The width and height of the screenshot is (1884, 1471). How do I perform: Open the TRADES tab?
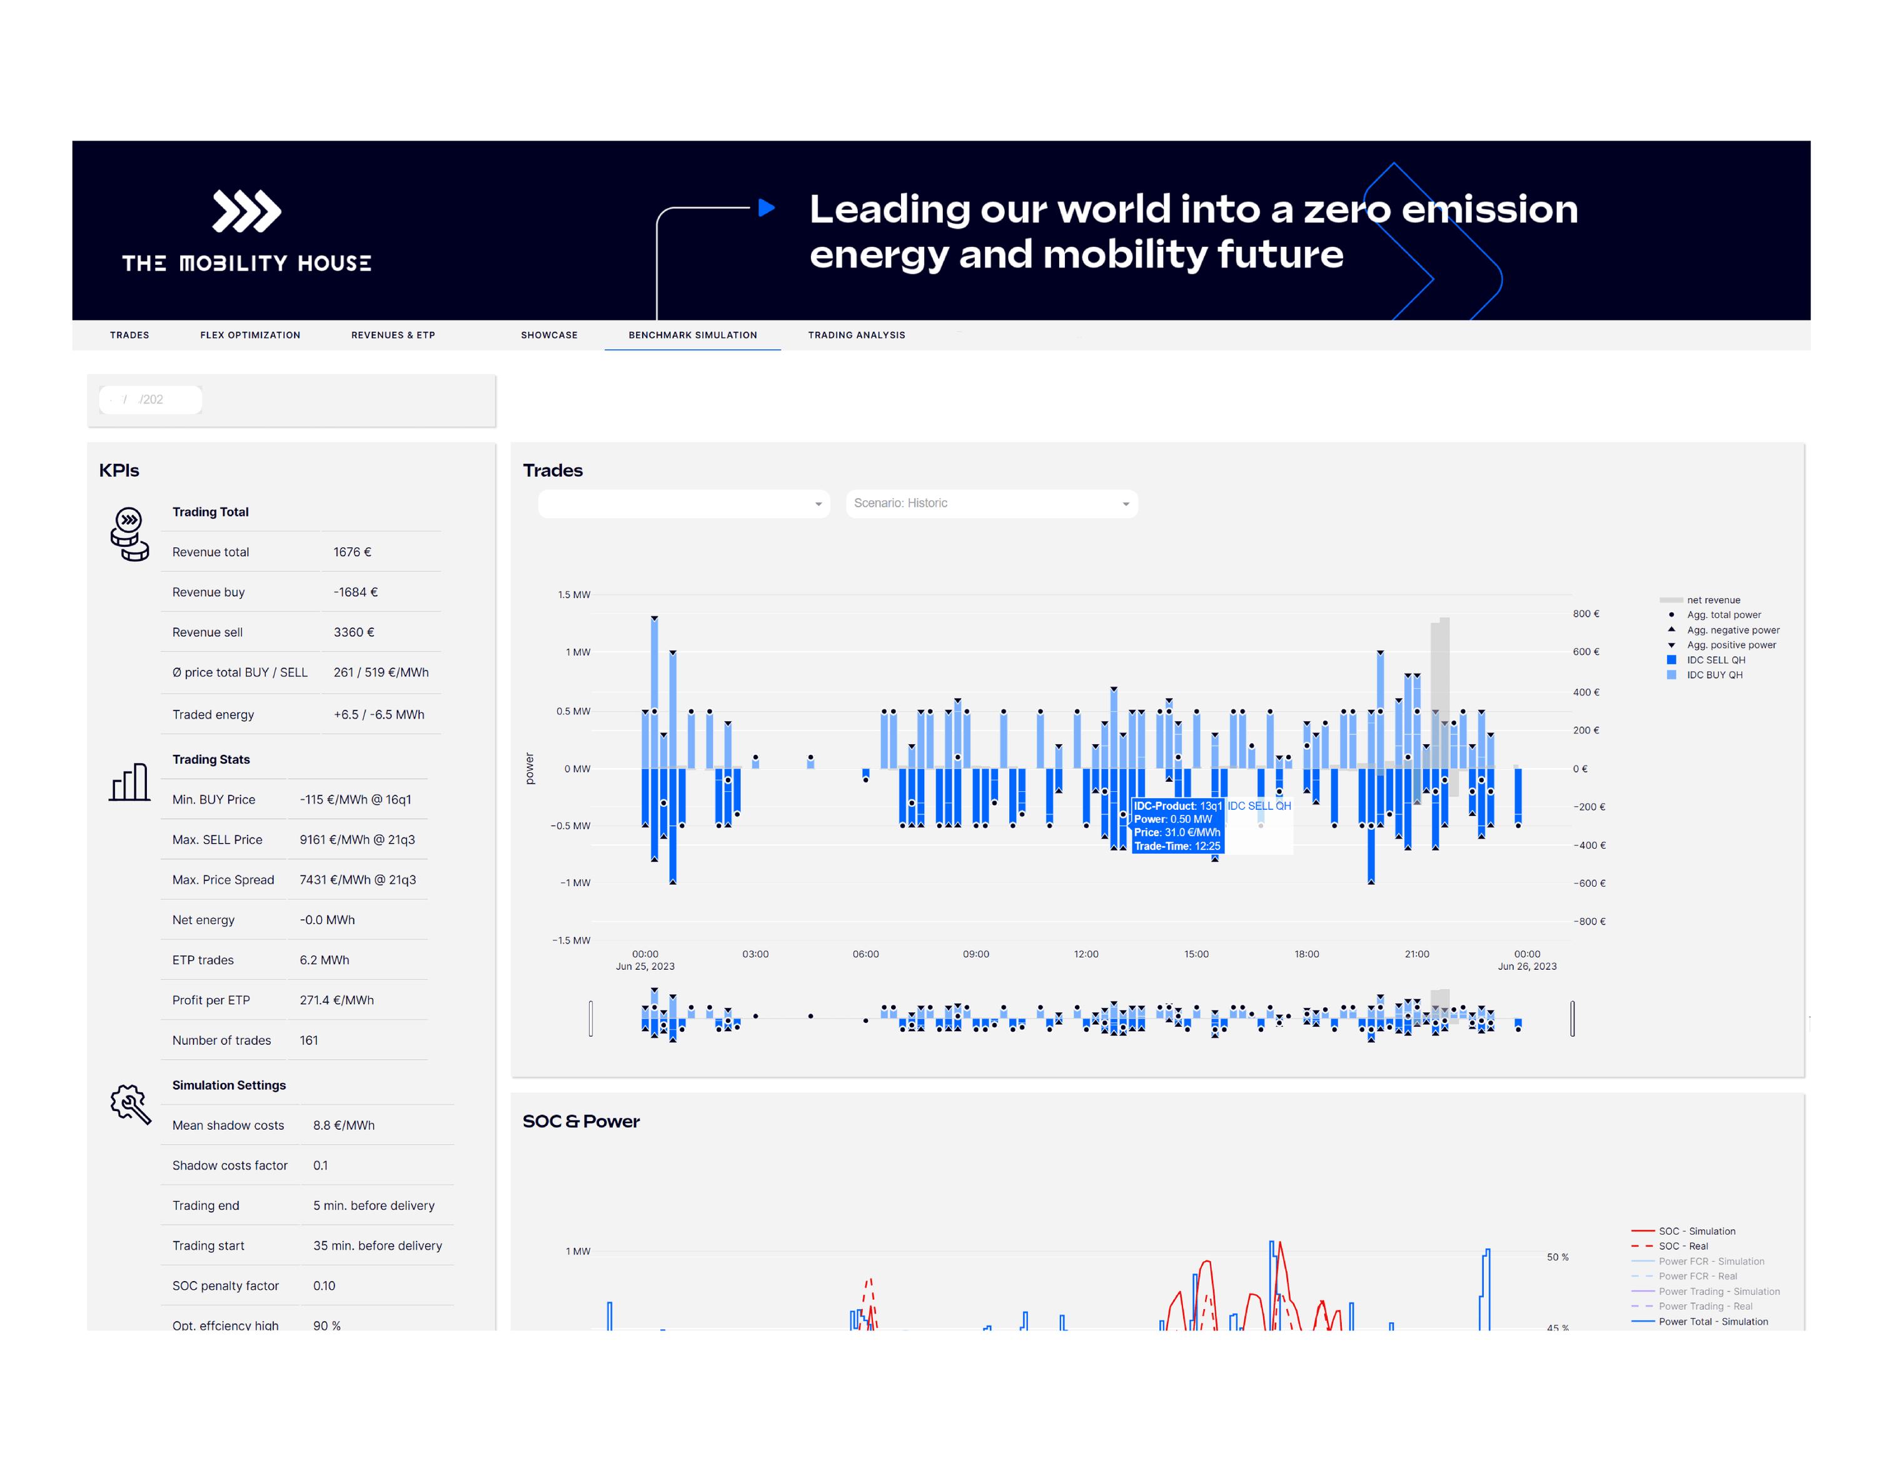(129, 336)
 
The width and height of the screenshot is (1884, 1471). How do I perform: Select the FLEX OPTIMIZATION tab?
(250, 336)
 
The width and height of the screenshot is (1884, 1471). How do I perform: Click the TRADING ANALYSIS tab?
(856, 336)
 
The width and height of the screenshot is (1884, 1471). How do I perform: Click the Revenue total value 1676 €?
(352, 552)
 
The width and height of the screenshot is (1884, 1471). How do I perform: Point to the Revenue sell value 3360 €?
(354, 632)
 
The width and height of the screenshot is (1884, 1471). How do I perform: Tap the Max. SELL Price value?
(357, 840)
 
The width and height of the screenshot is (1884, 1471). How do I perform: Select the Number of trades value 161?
(309, 1040)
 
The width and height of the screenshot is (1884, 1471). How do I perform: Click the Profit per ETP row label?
(211, 1000)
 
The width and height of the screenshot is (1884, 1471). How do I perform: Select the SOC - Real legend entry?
(1682, 1246)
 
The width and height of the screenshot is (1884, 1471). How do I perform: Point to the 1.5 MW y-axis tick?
(573, 595)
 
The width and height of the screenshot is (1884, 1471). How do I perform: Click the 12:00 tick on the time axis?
(1086, 954)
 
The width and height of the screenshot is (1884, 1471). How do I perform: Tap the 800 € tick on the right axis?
(1586, 614)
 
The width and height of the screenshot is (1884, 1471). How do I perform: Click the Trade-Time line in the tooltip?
(1177, 846)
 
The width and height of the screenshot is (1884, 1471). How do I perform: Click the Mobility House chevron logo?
(247, 211)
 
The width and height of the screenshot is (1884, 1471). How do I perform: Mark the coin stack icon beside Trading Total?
(129, 534)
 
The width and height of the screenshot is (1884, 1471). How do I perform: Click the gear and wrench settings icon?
(130, 1104)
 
